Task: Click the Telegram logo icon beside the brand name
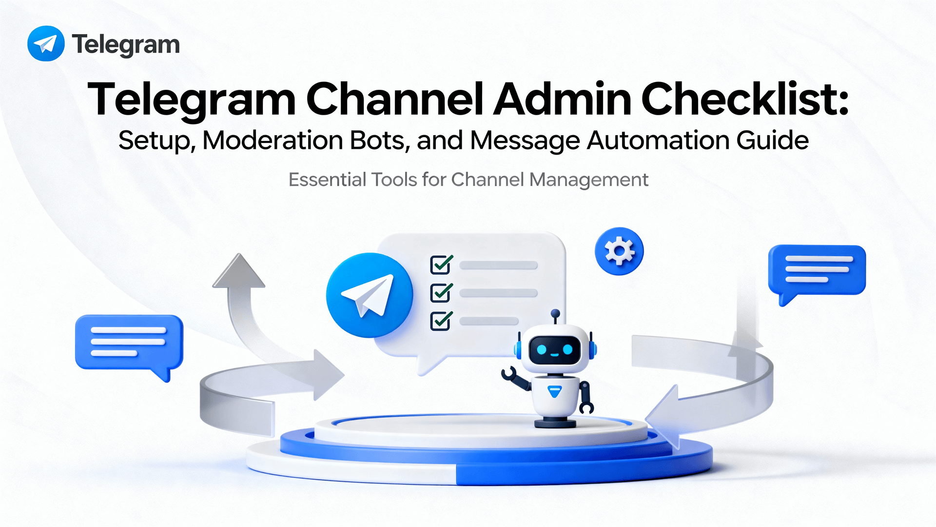coord(46,44)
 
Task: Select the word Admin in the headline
coord(563,100)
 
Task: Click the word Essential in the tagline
coord(327,180)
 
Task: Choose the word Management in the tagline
coord(589,180)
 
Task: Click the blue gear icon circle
coord(619,251)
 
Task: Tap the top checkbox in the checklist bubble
coord(441,264)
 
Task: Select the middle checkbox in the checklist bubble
coord(441,293)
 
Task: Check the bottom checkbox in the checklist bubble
coord(441,321)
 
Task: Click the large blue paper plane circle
coord(370,295)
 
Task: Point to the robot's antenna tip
coord(555,313)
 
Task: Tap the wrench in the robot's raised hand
coord(508,374)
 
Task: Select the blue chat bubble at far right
coord(817,270)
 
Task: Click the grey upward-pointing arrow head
coord(239,272)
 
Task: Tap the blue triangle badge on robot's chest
coord(555,391)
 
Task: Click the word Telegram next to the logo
coord(126,45)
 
